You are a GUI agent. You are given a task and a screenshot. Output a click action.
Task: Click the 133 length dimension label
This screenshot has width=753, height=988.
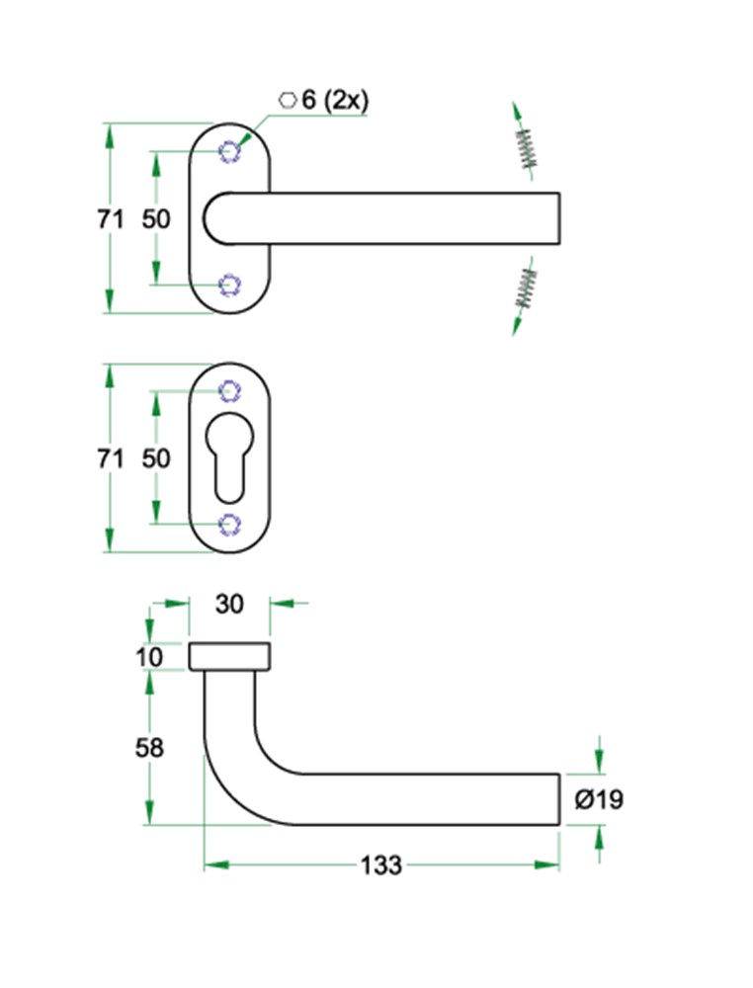[x=381, y=865]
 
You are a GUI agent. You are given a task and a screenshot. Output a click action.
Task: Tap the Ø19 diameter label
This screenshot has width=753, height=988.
[x=599, y=799]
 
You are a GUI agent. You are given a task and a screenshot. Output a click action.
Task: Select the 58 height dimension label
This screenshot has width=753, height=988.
[x=149, y=748]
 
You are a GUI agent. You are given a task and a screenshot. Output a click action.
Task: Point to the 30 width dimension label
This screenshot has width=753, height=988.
[x=228, y=604]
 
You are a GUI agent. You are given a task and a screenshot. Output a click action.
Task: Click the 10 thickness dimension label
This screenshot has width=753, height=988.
[x=149, y=657]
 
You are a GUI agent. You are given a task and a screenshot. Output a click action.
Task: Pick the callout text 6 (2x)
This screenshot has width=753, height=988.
[x=335, y=100]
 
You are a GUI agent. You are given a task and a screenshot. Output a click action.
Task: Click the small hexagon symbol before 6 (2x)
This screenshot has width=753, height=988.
[x=288, y=100]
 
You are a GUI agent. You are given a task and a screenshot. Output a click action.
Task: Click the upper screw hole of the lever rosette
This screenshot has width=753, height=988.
[x=229, y=151]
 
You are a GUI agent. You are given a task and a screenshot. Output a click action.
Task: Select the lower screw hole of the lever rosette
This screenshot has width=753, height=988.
[x=229, y=285]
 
